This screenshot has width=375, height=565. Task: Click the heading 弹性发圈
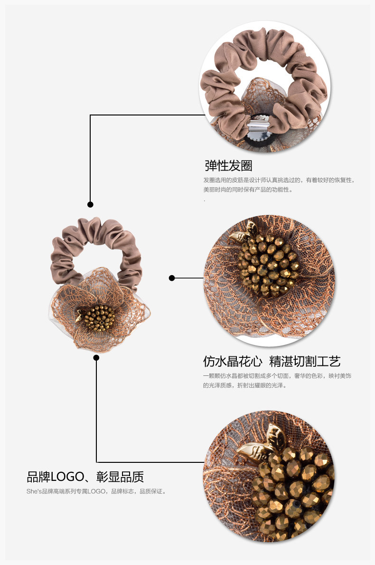[228, 165]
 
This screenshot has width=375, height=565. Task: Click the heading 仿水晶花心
[233, 361]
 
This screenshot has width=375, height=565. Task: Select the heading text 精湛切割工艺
[305, 361]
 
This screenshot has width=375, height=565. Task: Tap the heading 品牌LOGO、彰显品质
[85, 477]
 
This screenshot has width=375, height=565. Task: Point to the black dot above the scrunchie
[90, 204]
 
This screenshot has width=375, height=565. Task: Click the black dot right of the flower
[172, 278]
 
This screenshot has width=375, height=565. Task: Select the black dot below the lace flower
[96, 357]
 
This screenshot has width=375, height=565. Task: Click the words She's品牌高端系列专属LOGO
[67, 491]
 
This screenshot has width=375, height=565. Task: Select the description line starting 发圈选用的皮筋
[279, 180]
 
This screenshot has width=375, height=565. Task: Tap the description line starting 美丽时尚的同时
[247, 190]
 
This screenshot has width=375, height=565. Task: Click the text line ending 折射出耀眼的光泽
[244, 385]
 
